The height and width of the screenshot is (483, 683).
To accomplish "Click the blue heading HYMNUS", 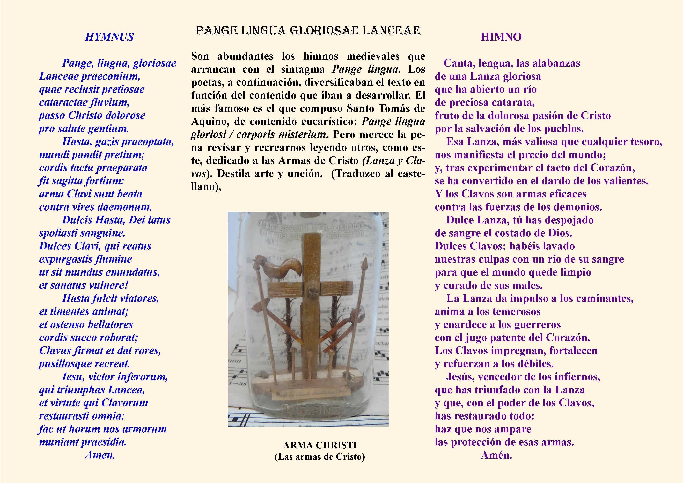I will [x=109, y=37].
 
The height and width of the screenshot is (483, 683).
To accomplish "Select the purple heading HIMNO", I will [x=501, y=37].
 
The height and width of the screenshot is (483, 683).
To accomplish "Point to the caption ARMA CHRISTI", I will [x=319, y=445].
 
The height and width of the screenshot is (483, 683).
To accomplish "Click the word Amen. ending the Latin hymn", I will [x=100, y=455].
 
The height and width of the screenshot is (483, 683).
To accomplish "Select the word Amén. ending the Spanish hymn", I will [x=496, y=455].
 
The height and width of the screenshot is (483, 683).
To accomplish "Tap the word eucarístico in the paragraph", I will [x=327, y=121].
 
